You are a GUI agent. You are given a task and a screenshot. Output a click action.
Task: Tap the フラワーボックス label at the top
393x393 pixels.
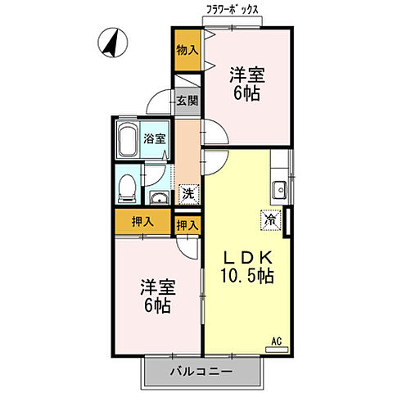tap(233, 11)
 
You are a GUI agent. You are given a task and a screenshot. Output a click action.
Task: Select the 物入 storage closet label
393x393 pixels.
tap(187, 49)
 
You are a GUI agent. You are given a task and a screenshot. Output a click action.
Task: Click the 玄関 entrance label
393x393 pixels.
tap(187, 102)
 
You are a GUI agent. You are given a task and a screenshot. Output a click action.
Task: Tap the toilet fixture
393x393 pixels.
tap(127, 187)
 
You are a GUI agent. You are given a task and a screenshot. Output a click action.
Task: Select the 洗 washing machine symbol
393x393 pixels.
tap(188, 194)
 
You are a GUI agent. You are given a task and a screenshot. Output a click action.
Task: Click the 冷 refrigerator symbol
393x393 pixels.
tap(272, 219)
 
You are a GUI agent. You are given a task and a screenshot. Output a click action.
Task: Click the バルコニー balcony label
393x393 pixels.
tap(201, 371)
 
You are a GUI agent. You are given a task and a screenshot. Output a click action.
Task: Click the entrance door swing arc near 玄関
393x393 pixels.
tap(158, 103)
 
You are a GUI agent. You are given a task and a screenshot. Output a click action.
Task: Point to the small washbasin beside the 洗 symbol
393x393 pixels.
tap(159, 197)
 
